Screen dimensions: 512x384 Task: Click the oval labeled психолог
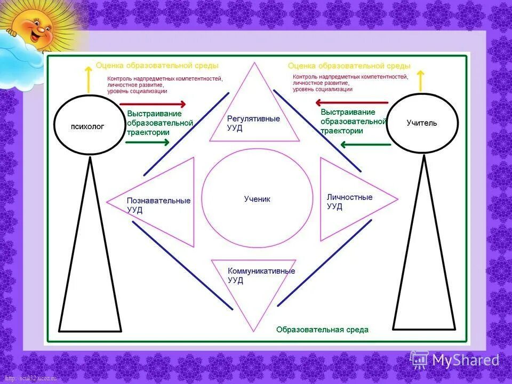(88, 127)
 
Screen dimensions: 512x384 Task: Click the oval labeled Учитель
(422, 123)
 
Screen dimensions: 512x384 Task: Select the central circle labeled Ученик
(258, 199)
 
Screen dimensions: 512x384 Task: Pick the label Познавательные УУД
(158, 205)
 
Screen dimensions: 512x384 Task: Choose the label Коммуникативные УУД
(261, 275)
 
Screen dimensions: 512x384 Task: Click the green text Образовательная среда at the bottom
(322, 330)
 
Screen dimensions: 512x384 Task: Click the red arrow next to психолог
(153, 105)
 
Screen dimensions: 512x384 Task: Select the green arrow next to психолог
(148, 142)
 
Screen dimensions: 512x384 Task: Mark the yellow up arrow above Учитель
(420, 80)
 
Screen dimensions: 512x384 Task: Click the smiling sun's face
(35, 27)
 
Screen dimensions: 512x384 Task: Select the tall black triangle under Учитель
(425, 256)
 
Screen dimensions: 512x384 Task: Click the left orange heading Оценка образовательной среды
(157, 66)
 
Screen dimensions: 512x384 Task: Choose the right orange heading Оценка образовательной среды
(349, 66)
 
